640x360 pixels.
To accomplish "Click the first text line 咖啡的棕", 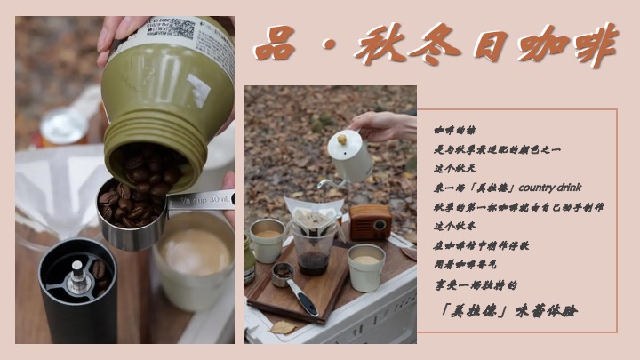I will [x=455, y=130].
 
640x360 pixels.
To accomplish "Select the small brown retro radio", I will [x=371, y=222].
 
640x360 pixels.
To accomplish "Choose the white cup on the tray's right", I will [x=366, y=267].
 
